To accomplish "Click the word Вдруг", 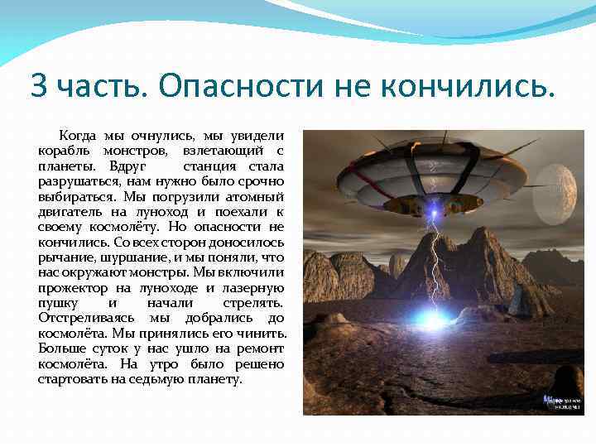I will (x=138, y=166).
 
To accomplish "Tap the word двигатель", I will (x=69, y=212).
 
